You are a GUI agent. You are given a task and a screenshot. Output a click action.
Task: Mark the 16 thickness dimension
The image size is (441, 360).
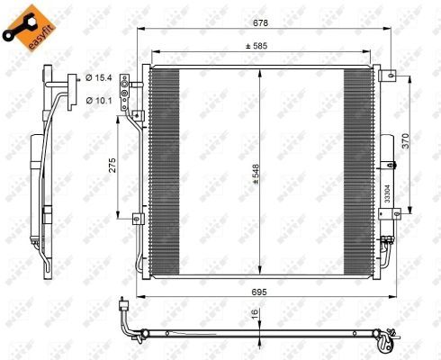coord(256,314)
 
